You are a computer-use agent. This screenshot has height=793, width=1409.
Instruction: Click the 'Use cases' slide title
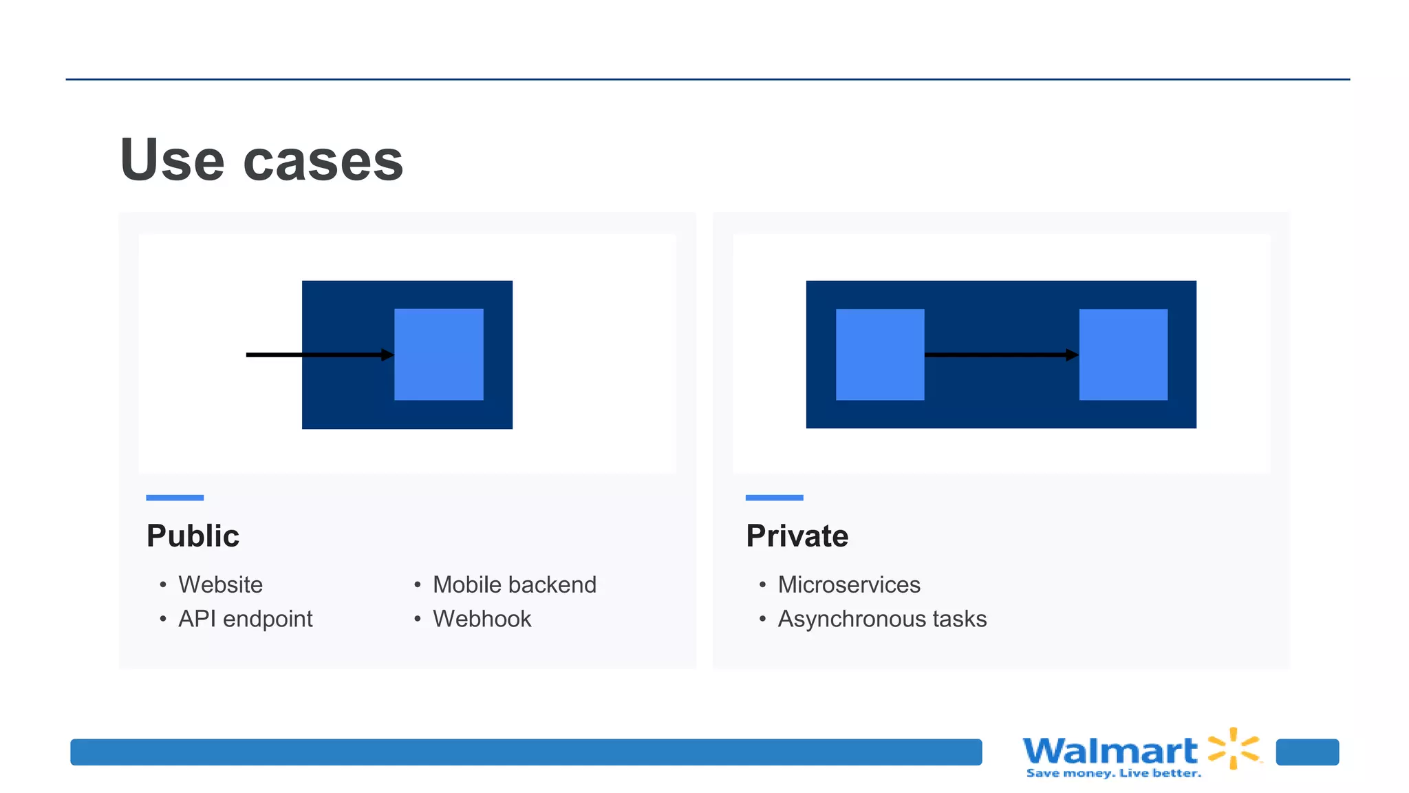click(x=261, y=160)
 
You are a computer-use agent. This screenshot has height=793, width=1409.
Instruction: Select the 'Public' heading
click(x=193, y=536)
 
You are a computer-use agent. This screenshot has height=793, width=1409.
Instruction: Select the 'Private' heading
click(x=797, y=536)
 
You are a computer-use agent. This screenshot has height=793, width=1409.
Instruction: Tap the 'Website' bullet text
click(x=220, y=584)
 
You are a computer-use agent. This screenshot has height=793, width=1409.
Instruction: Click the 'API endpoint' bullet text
click(x=245, y=619)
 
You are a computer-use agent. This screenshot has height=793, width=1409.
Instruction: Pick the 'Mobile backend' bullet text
click(x=514, y=584)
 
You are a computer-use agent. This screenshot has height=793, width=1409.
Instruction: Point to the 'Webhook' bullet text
click(x=482, y=619)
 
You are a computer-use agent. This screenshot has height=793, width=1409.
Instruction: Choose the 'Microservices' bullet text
click(x=848, y=584)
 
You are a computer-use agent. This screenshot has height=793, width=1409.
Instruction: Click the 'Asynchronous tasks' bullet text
click(x=881, y=619)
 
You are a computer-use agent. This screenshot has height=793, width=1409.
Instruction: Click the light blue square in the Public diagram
click(x=439, y=355)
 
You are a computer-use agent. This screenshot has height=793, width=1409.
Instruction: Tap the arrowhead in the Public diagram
click(x=388, y=355)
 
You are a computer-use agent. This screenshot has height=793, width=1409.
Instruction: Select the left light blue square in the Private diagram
click(x=880, y=355)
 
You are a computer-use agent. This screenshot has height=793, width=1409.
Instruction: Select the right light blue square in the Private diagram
click(x=1123, y=355)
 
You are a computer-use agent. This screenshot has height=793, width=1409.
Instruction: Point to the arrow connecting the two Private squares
click(x=998, y=355)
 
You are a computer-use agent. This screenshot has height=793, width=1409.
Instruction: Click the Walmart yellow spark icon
click(x=1234, y=748)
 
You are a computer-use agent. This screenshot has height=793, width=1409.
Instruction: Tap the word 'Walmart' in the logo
click(x=1110, y=750)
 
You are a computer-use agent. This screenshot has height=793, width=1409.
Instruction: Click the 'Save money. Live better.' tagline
click(x=1113, y=773)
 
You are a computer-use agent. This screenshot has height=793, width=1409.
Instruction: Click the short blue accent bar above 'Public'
click(x=175, y=497)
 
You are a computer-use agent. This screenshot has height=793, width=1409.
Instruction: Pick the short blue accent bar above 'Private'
click(x=774, y=497)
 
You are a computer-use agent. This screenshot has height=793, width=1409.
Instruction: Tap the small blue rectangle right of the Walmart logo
click(x=1307, y=752)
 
